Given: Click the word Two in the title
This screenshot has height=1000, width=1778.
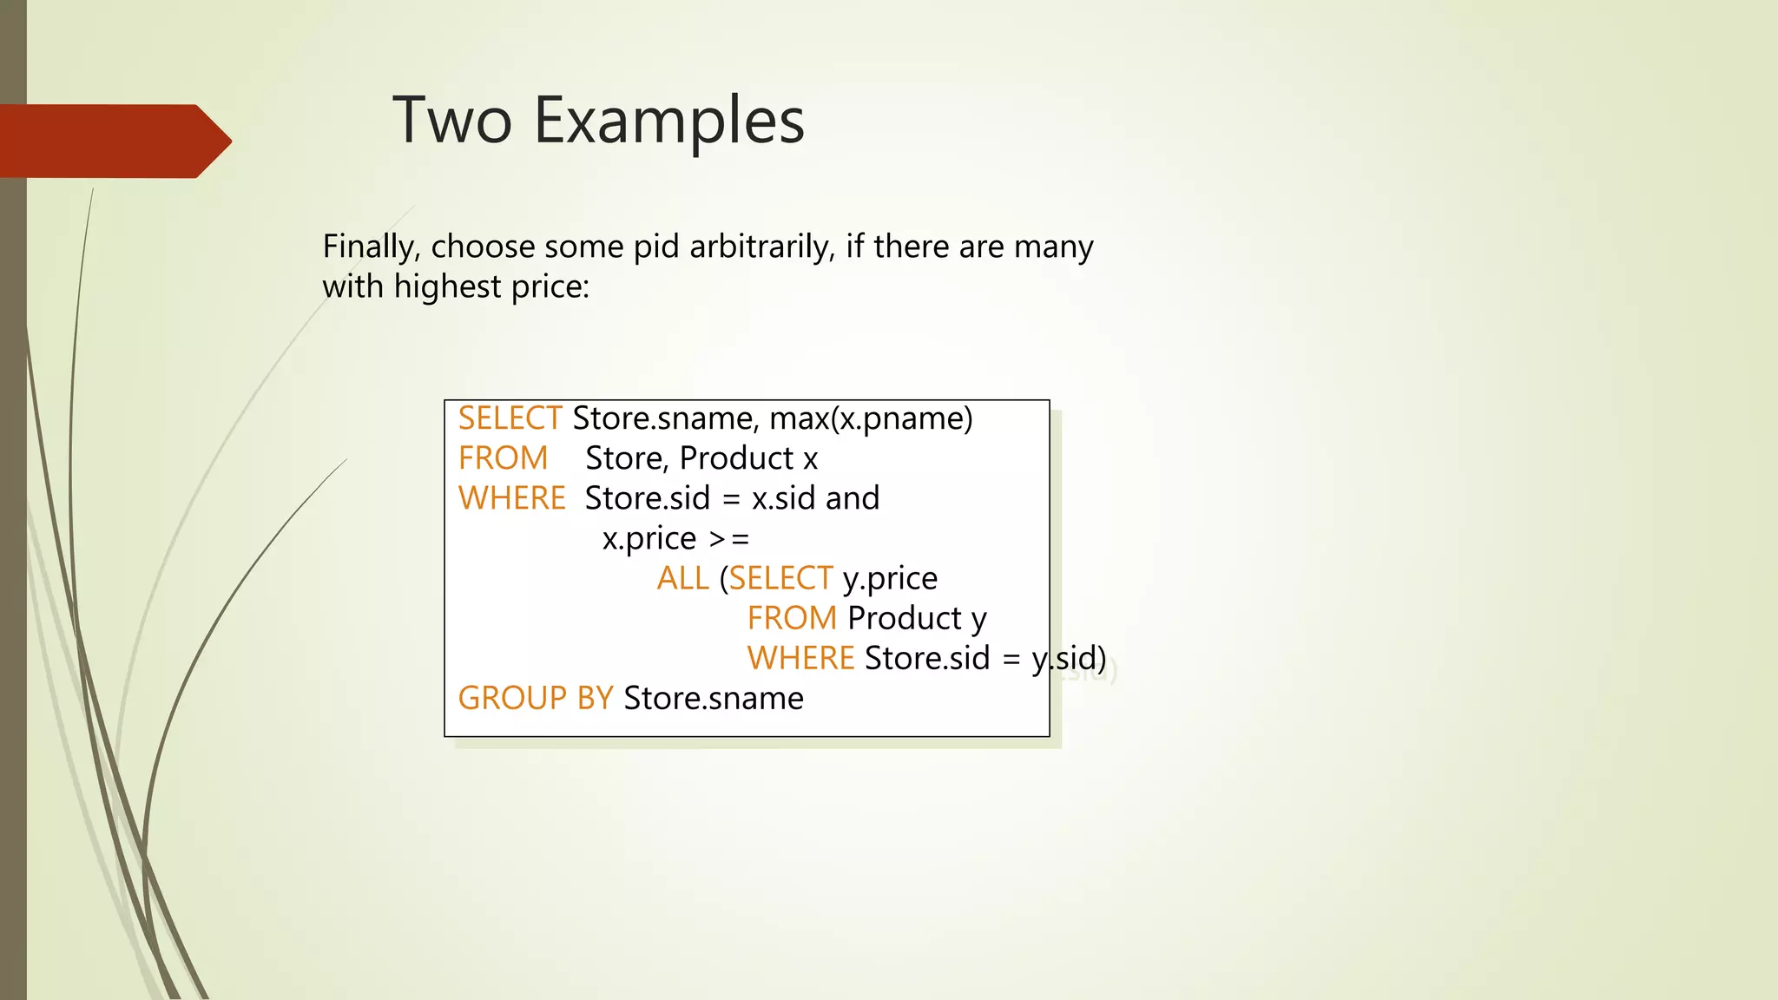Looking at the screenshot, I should coord(451,120).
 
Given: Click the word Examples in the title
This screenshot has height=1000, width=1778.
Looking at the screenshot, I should coord(668,122).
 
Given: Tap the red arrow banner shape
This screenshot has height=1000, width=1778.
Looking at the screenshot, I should coord(113,141).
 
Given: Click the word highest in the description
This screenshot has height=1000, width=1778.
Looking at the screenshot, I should coord(447,286).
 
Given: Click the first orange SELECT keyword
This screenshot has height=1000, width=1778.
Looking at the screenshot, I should coord(510,418).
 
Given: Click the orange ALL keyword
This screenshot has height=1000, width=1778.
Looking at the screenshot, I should coord(682,578).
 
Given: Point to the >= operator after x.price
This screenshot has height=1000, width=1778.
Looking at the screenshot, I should coord(729,539).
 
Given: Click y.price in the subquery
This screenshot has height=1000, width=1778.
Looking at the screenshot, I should coord(890,579).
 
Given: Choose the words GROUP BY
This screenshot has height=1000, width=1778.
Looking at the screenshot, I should coord(535,698).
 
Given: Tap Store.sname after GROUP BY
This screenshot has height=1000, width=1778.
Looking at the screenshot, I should coord(714,698).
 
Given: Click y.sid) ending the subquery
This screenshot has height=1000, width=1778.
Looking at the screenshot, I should coord(1069,659).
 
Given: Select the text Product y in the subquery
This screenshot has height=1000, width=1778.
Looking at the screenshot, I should coord(917,619).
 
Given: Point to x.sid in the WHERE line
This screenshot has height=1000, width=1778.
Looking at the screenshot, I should coord(783,498).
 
